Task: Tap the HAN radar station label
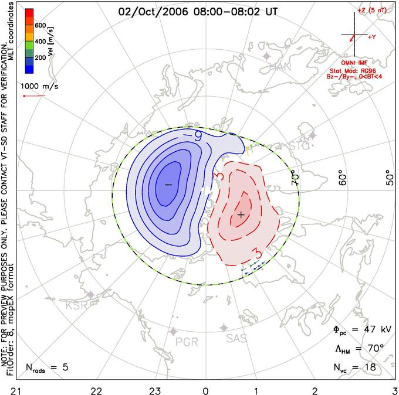click(280, 67)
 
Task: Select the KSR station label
click(76, 305)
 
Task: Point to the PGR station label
click(187, 342)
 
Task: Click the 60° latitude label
click(343, 176)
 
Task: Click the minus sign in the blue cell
click(168, 185)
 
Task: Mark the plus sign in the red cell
click(241, 215)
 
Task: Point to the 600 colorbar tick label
click(40, 26)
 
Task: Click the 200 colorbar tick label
click(40, 59)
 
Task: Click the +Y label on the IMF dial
click(372, 36)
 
